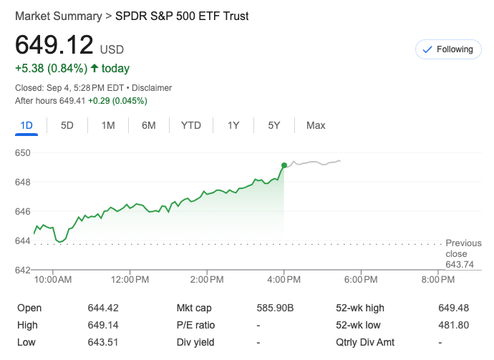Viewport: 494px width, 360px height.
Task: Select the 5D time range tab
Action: click(67, 125)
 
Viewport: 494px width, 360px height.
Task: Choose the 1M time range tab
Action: click(108, 125)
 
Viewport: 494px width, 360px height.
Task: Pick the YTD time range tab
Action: click(191, 125)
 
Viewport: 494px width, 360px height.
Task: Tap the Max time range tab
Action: click(316, 125)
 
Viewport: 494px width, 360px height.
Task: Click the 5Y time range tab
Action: click(274, 125)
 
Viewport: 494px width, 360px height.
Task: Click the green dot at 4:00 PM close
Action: click(284, 165)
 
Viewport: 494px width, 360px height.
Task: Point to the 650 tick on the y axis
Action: click(23, 152)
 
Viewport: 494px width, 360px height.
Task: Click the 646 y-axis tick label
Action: click(23, 211)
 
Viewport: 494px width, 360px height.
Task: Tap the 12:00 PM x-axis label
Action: click(130, 279)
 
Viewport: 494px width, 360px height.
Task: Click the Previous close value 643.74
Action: click(460, 264)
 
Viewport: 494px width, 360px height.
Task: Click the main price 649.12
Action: click(54, 45)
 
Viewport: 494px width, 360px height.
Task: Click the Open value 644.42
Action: click(103, 308)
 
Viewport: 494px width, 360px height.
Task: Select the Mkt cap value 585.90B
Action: click(276, 308)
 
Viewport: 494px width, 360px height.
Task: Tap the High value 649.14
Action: click(103, 325)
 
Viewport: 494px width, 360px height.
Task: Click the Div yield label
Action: click(195, 342)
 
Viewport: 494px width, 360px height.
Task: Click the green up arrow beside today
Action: click(94, 69)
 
